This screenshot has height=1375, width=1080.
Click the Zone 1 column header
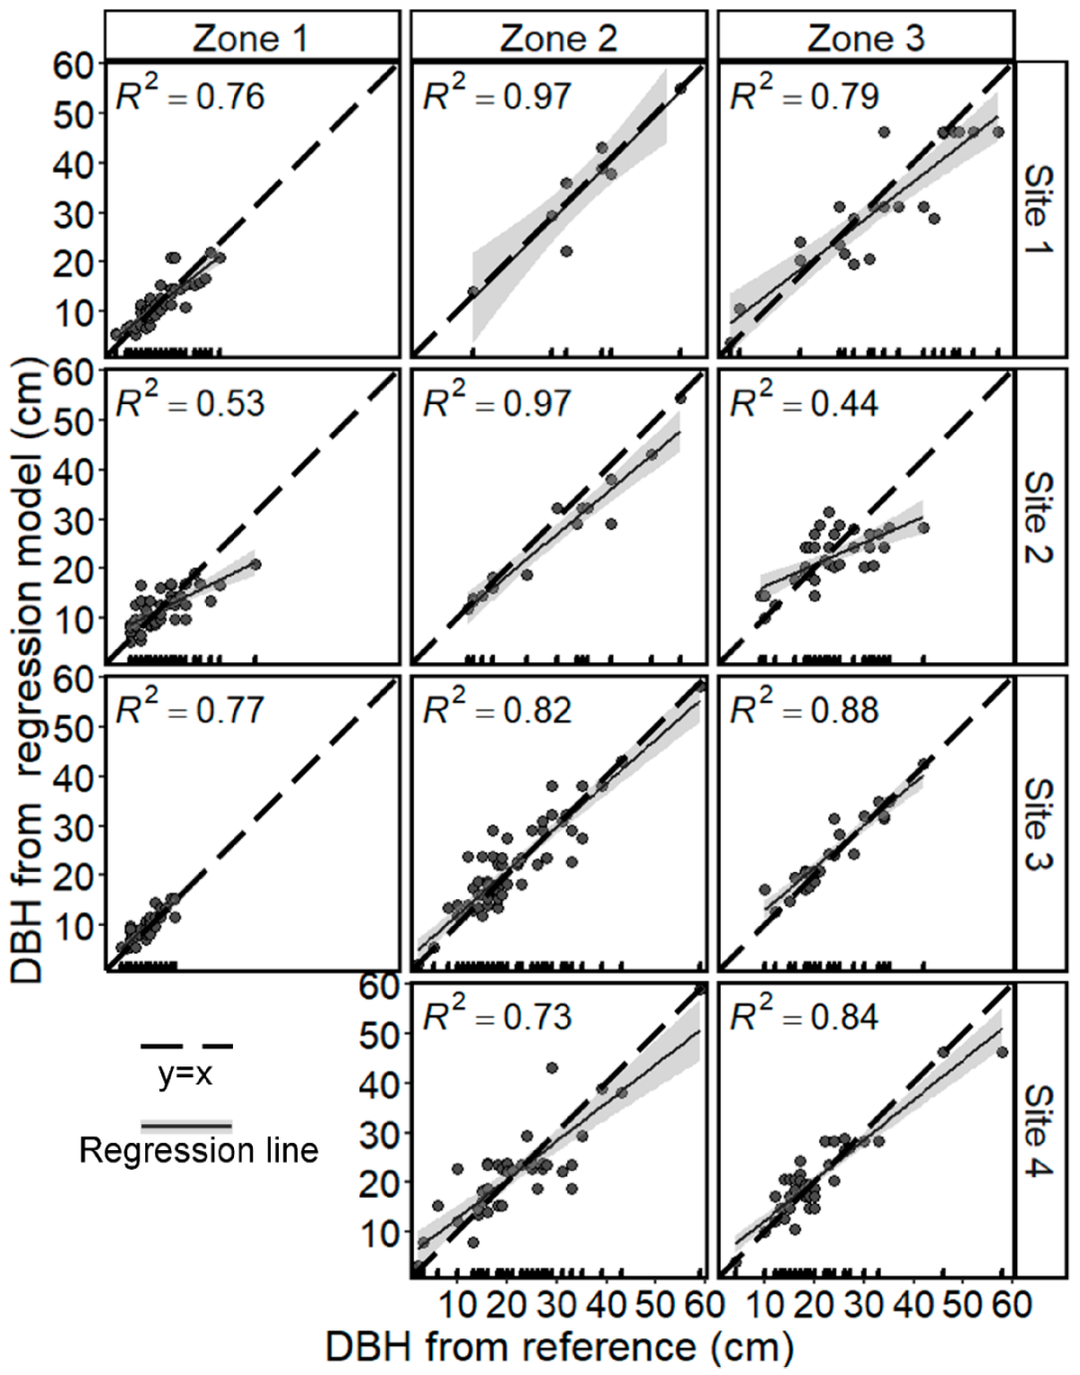coord(251,38)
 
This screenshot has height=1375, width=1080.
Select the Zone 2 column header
coord(558,38)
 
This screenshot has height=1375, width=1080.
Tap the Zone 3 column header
coord(865,38)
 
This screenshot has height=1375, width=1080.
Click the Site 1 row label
coord(1037,209)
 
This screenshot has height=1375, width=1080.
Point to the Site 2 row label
coord(1037,516)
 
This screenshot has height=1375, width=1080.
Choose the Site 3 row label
coord(1037,823)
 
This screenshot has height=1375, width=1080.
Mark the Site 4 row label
coord(1037,1130)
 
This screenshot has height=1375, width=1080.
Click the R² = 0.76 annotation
coord(189,96)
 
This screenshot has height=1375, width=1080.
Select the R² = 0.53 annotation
coord(189,402)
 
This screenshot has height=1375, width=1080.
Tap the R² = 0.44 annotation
coord(804,402)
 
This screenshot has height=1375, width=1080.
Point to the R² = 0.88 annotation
coord(804,709)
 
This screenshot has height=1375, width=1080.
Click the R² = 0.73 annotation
coord(497,1016)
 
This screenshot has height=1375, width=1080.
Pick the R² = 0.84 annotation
coord(804,1016)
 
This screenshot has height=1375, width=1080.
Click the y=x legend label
coord(185,1074)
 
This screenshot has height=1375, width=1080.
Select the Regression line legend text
coord(199,1151)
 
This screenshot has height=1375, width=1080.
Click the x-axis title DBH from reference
coord(559,1347)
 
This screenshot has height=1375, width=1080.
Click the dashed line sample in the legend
coord(186,1046)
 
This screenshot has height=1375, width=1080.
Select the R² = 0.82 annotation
coord(497,709)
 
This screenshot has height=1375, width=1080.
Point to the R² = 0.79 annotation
coord(804,96)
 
